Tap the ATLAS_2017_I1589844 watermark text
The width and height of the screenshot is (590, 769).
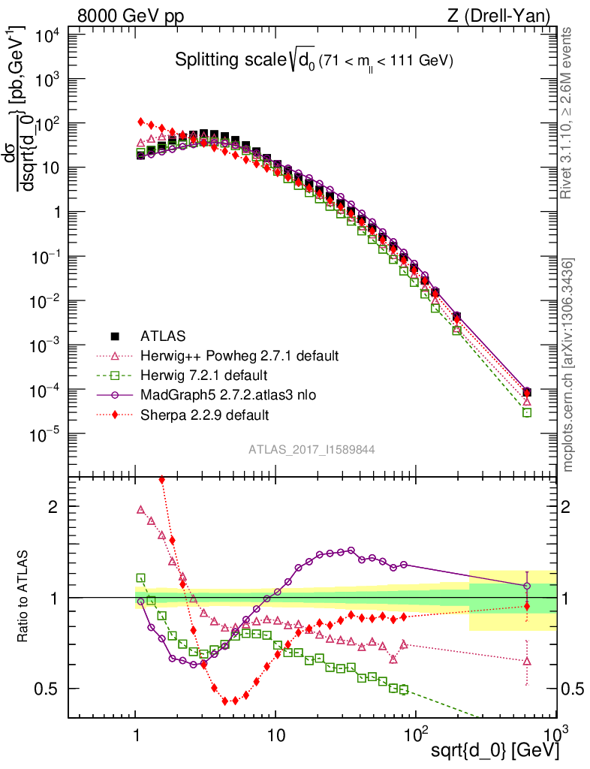pos(312,449)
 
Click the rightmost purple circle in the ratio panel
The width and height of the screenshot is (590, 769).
pos(527,586)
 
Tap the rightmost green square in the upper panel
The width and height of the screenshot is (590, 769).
pos(527,412)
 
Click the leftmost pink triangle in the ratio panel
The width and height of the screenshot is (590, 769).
pos(140,509)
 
